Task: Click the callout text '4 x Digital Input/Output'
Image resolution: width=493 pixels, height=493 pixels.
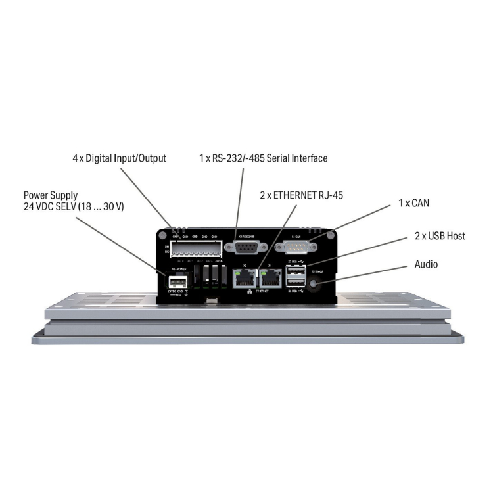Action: [119, 158]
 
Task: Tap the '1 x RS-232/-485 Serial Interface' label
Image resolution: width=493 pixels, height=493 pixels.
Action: [263, 158]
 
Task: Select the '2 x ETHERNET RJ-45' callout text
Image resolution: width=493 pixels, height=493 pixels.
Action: [301, 195]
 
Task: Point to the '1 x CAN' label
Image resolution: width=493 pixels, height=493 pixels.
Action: [413, 203]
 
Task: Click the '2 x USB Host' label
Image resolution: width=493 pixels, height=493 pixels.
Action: [440, 236]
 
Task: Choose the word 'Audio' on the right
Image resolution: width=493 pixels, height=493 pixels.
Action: [426, 264]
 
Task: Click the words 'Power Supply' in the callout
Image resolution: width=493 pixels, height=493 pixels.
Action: [51, 195]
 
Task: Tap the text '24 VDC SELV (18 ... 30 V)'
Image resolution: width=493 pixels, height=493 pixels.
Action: [74, 207]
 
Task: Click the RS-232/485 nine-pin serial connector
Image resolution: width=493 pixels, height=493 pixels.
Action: [246, 247]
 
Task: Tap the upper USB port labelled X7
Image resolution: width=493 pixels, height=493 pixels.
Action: [296, 271]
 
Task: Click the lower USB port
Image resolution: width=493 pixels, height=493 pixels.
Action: [296, 284]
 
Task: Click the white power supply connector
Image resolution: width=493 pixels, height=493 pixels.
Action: [177, 282]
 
